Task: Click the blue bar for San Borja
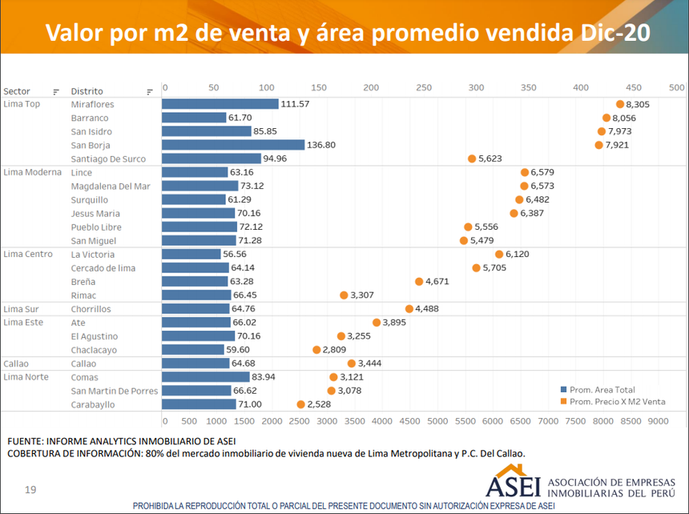tap(233, 145)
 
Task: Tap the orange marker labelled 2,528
tap(301, 404)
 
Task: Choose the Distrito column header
tap(87, 91)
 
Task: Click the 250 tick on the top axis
tap(424, 87)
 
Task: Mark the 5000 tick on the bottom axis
tap(438, 420)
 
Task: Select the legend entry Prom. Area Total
tap(602, 389)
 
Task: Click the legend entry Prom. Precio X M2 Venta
tap(617, 401)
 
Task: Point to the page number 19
tap(30, 489)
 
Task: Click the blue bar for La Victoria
tap(191, 255)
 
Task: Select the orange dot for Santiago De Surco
tap(472, 159)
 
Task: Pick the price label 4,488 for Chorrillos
tap(429, 309)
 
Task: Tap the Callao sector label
tap(16, 363)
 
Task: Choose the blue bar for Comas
tap(206, 377)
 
